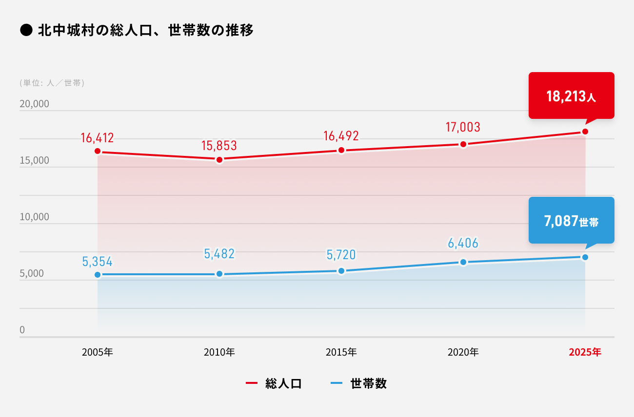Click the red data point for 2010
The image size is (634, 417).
pos(219,160)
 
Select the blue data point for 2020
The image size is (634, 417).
pos(463,262)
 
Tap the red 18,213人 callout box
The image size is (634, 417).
pos(571,96)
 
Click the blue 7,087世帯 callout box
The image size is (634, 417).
pos(571,221)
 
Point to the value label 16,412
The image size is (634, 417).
pos(98,138)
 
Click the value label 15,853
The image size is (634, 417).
pos(219,145)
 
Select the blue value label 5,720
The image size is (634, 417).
pos(341,254)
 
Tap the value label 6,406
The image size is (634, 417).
pos(463,243)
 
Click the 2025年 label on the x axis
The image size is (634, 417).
pos(585,352)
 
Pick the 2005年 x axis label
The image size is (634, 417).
pos(98,352)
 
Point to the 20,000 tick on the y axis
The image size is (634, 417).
pos(34,104)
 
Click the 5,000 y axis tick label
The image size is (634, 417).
pos(32,274)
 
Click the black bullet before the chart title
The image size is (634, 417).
pos(26,31)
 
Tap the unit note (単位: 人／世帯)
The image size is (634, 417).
pos(52,83)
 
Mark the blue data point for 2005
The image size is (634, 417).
pos(98,275)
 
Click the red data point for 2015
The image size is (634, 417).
pos(341,150)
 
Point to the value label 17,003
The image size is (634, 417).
pos(463,127)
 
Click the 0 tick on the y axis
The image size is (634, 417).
pos(22,330)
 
